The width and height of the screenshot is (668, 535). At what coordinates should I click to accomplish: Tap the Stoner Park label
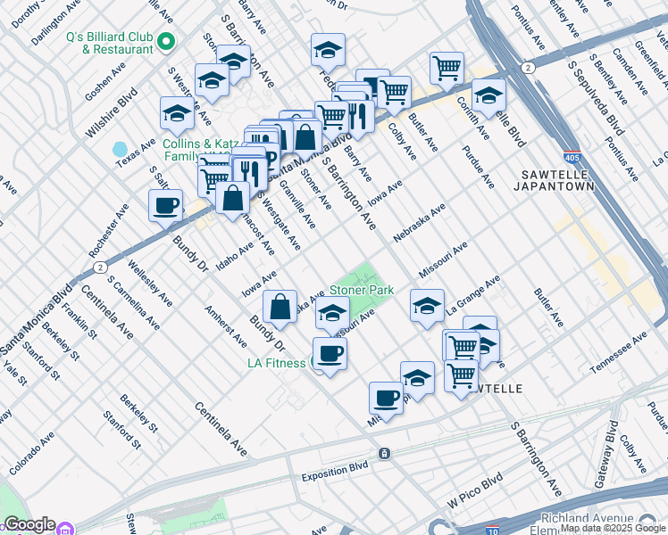click(362, 291)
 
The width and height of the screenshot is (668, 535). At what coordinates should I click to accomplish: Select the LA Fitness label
click(277, 363)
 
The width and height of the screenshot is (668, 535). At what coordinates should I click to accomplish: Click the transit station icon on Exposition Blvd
click(385, 453)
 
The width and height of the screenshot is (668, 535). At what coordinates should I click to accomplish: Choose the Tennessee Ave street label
click(618, 354)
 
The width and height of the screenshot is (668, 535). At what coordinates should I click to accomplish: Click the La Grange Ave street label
click(474, 294)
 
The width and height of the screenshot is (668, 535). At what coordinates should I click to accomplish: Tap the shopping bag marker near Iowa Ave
click(280, 307)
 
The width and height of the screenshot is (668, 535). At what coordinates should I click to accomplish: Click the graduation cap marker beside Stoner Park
click(333, 315)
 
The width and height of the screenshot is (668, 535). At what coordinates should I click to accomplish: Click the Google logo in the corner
click(29, 524)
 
